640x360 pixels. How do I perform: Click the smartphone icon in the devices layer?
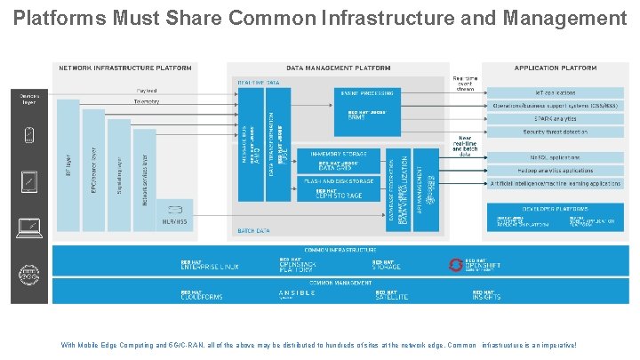coord(29,135)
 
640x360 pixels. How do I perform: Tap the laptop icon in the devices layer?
coord(29,228)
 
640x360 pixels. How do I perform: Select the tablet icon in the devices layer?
coord(29,182)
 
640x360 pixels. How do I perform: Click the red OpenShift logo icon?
coord(456,265)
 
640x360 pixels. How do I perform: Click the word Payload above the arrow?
coord(147,90)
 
